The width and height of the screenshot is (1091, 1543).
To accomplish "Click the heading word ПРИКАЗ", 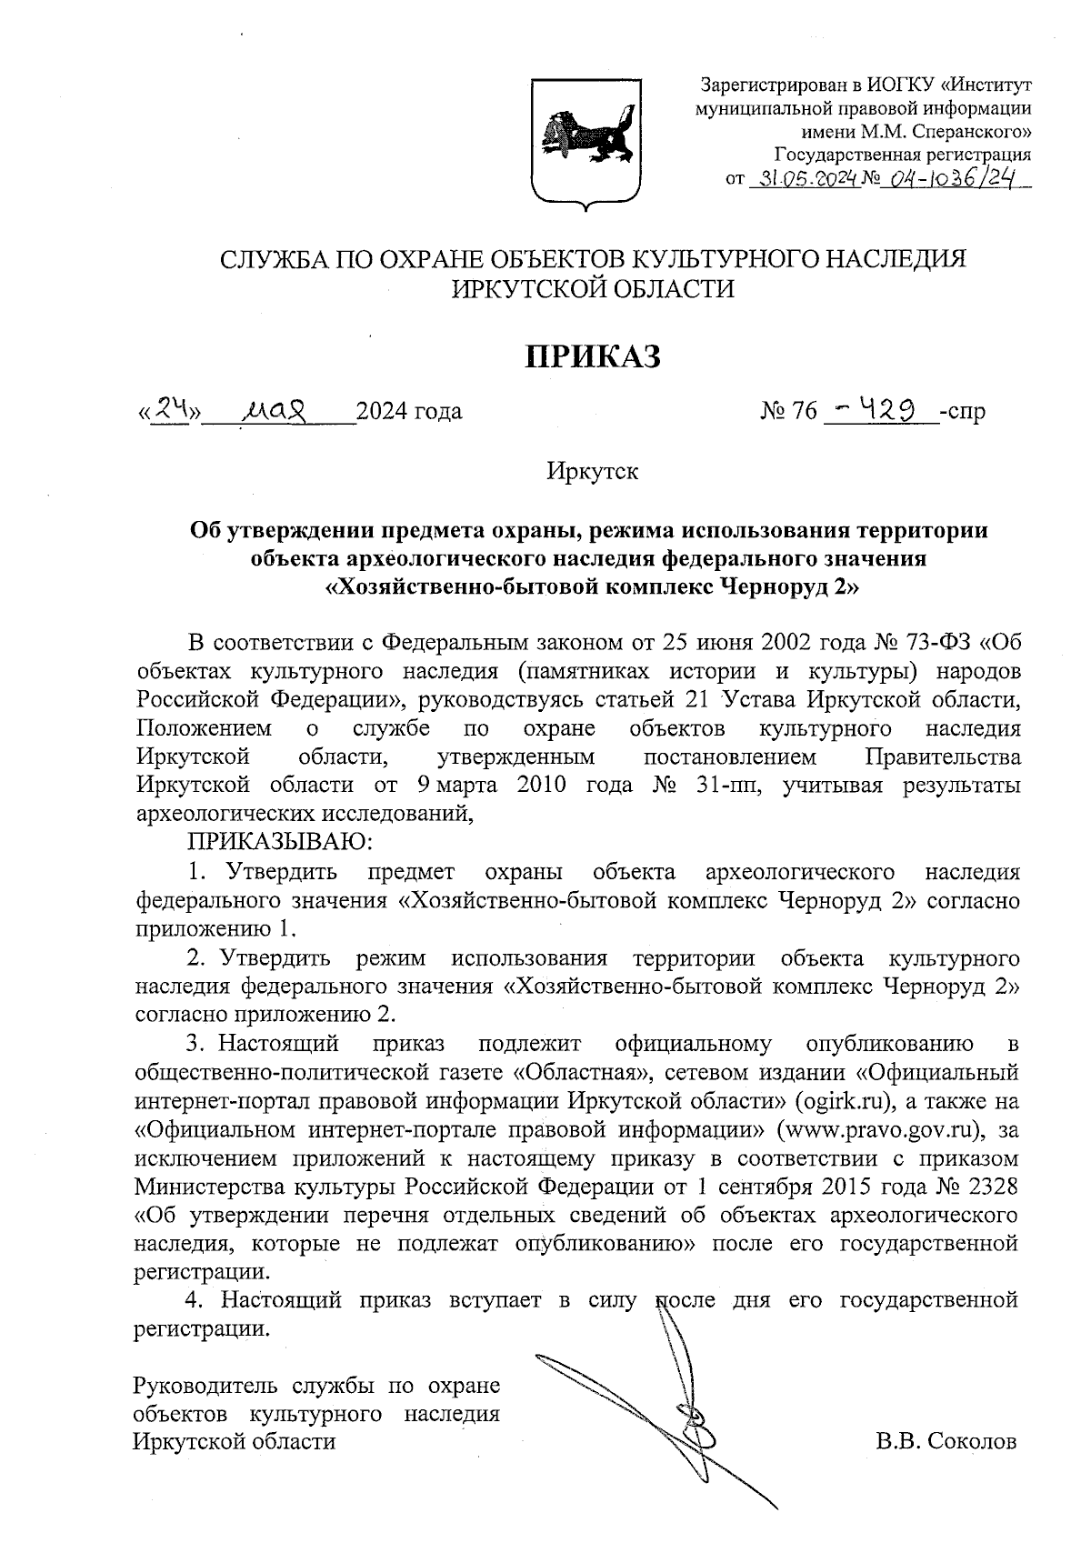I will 594,356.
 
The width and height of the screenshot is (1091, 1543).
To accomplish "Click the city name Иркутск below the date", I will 593,472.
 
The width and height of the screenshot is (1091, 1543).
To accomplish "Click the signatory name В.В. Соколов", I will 946,1442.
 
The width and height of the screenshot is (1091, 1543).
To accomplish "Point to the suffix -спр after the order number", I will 963,411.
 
